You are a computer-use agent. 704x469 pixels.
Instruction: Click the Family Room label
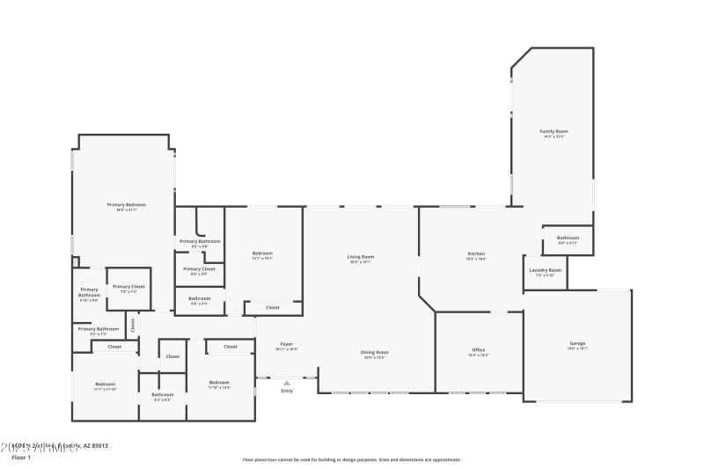point(554,131)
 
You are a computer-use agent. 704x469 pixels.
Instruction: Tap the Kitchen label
point(476,254)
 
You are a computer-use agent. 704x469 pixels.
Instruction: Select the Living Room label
point(361,256)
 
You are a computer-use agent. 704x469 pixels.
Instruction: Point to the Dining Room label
point(375,352)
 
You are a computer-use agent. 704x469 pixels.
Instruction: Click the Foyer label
point(286,343)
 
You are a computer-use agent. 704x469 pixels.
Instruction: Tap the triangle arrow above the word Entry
point(286,382)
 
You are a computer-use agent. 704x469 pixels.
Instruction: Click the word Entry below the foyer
point(286,391)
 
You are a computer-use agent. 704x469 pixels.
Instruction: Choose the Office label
point(478,350)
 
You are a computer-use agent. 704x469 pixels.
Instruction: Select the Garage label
point(577,343)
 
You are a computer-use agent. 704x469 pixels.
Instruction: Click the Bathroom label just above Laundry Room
point(568,238)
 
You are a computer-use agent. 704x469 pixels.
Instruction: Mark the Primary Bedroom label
point(127,204)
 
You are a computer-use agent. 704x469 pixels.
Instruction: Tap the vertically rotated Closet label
point(133,324)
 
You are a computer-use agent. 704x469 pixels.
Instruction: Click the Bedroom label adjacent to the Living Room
point(262,253)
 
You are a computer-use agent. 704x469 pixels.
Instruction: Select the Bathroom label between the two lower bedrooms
point(163,394)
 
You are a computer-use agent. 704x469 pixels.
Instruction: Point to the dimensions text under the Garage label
point(577,349)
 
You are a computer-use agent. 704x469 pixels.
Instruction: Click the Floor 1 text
point(20,458)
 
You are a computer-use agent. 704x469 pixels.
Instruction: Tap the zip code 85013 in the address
point(98,446)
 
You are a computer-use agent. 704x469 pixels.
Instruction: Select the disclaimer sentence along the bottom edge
point(351,459)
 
